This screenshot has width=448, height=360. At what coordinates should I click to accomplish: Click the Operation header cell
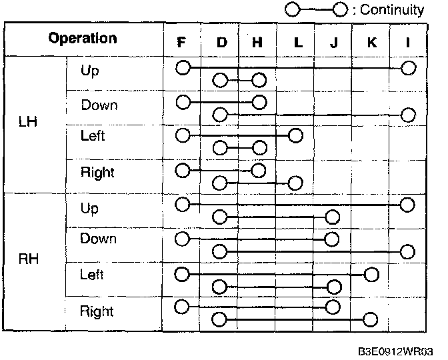[x=83, y=39]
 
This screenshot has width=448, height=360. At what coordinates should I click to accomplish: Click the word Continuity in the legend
[x=391, y=10]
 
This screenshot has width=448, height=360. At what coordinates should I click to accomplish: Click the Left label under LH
[x=93, y=136]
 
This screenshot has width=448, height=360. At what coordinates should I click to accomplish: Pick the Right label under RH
[x=97, y=311]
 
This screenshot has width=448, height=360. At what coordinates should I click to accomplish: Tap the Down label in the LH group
[x=99, y=105]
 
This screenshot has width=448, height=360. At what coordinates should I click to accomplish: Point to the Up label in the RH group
[x=89, y=208]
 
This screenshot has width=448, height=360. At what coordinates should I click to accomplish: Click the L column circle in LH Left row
[x=296, y=136]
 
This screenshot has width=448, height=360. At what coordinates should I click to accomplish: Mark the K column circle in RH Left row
[x=371, y=274]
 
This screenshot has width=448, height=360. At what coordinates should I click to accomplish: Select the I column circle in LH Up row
[x=409, y=67]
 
